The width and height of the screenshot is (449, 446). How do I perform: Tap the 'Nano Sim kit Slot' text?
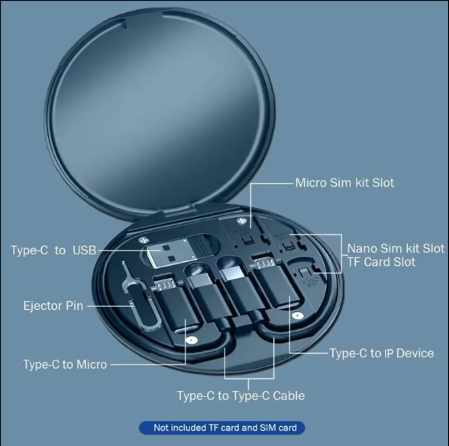396,249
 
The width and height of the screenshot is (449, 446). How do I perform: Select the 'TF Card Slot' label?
382,262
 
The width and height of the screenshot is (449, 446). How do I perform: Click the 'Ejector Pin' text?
53,306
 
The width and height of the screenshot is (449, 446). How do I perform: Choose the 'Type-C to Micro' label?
65,364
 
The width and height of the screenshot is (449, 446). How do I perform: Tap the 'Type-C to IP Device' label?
382,354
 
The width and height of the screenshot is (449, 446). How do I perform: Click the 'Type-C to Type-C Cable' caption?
241,396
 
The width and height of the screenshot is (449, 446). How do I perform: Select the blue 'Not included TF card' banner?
224,428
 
